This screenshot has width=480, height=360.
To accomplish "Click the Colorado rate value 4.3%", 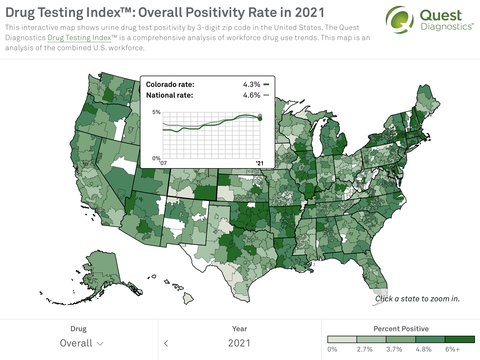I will tap(252, 84).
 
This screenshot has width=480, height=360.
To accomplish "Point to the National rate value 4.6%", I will tap(252, 95).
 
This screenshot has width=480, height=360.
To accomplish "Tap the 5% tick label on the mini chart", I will tap(156, 112).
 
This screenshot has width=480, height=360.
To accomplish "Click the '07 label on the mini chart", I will tap(163, 163).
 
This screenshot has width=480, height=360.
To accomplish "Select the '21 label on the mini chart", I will tap(259, 163).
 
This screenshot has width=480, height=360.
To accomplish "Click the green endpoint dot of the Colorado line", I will tap(260, 119).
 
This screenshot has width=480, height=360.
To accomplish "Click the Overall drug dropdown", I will tap(82, 343).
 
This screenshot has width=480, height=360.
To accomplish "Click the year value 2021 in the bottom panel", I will tap(239, 343).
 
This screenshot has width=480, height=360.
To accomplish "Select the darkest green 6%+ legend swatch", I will tap(460, 339).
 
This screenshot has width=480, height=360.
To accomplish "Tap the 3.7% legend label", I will tap(394, 349).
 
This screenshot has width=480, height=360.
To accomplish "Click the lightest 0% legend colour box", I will tap(342, 339).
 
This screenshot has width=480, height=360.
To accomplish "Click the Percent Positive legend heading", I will tap(401, 329).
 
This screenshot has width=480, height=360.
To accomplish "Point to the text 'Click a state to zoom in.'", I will tap(417, 298).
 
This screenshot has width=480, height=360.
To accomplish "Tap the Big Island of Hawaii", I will tap(188, 298).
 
